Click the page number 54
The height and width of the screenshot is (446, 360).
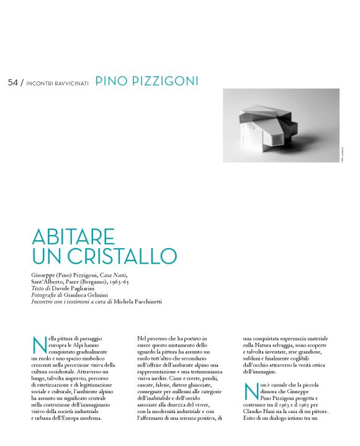[x=13, y=83]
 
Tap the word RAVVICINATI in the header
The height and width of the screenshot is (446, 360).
[x=72, y=83]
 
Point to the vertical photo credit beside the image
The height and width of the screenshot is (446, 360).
[x=342, y=155]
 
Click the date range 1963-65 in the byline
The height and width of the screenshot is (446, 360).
[x=132, y=281]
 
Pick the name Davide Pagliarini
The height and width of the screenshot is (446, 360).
[x=77, y=288]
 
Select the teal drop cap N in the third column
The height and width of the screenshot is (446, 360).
[x=251, y=392]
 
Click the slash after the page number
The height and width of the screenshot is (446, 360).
[x=22, y=83]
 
